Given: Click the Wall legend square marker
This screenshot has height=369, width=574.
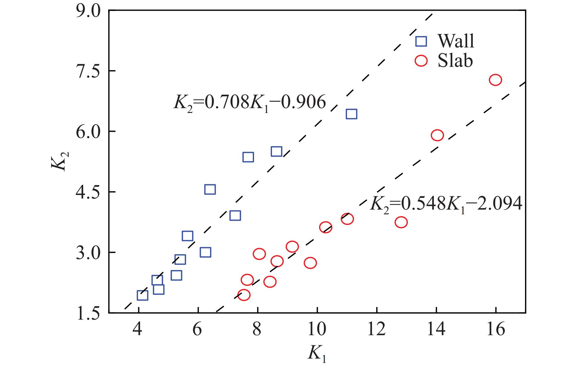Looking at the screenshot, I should coord(421,41).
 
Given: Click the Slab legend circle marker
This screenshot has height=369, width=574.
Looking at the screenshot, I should coord(421,61).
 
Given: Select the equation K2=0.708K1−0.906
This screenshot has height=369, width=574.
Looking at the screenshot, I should coord(249,103).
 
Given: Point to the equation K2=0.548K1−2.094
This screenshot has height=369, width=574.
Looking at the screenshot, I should coord(446,204).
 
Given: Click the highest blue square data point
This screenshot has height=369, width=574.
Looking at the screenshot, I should coord(351,114).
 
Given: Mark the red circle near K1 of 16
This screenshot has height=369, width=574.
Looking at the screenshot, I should coord(495,80).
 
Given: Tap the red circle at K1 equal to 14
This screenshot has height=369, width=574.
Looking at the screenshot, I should coord(437,135).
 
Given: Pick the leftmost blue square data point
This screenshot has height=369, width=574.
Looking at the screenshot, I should coord(143,295).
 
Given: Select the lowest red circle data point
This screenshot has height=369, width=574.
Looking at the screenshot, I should coord(244,295).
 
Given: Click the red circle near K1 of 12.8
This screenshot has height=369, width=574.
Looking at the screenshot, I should coord(401,222).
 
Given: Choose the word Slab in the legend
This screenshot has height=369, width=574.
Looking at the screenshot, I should coord(455,61).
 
